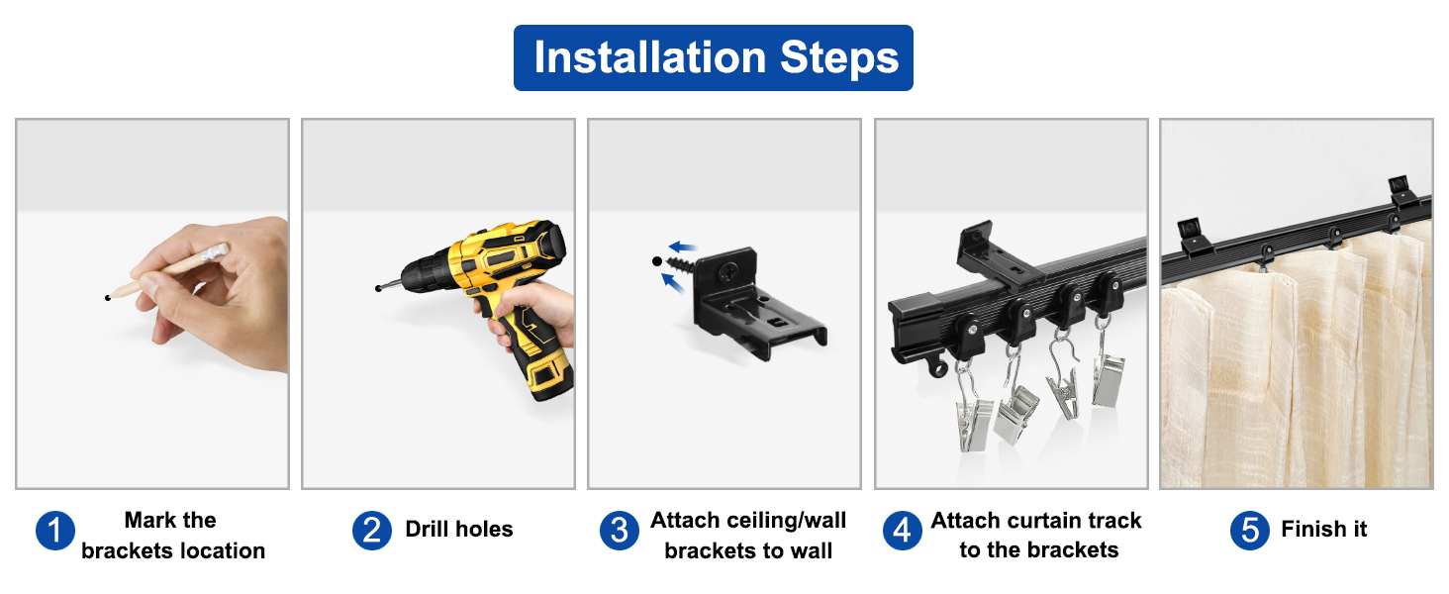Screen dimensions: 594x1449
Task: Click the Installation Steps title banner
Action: point(713,57)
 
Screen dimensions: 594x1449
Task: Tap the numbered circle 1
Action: point(55,531)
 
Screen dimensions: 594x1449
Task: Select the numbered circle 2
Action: point(371,531)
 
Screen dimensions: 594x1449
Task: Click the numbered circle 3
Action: point(619,531)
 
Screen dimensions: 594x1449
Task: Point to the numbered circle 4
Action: point(902,531)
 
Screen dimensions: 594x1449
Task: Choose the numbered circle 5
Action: point(1250,531)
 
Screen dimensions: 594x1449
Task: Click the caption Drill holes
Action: point(459,530)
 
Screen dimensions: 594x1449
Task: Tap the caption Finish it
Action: point(1323,530)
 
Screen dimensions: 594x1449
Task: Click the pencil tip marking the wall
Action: point(108,296)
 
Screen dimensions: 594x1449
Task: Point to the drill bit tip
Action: point(379,288)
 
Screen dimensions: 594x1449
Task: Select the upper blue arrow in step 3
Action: point(681,247)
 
